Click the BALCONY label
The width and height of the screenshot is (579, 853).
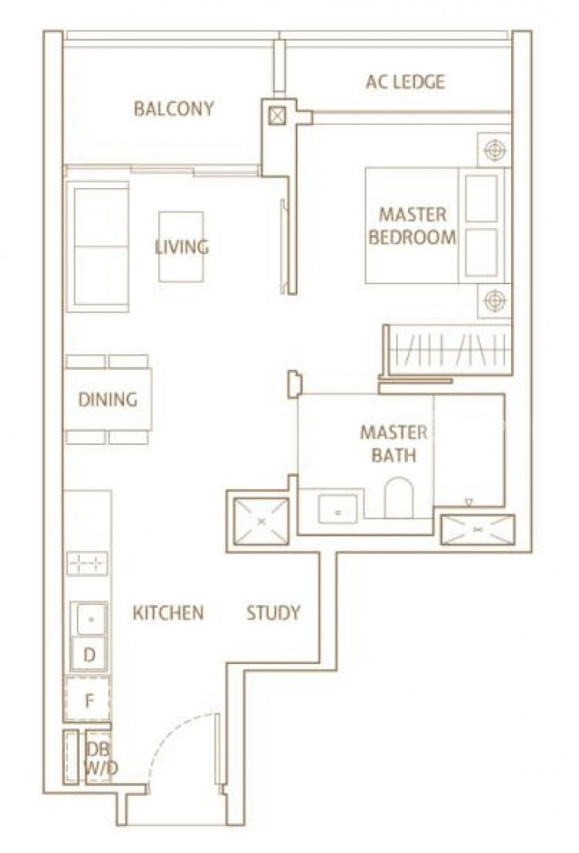[x=174, y=109]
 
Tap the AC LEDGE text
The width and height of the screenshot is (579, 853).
[x=405, y=81]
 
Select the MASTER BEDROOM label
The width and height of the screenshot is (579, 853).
[x=412, y=226]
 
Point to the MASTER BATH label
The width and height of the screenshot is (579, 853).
[x=394, y=443]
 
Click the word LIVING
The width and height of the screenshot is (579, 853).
[x=182, y=247]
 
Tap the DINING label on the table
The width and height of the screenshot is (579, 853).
[x=108, y=399]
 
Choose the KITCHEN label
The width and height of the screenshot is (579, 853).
[x=168, y=612]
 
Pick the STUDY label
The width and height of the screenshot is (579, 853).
[x=273, y=612]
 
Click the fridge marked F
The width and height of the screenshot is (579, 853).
[x=88, y=699]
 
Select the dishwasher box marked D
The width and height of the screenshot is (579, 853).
[x=90, y=654]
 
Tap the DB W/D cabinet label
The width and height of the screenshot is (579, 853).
[x=99, y=758]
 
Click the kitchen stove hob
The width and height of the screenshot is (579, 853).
[x=87, y=563]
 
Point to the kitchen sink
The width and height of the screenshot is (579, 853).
[x=90, y=619]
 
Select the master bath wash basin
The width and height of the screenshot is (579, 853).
[x=337, y=509]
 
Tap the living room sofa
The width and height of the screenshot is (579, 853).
[x=97, y=246]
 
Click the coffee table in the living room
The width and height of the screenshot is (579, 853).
[x=181, y=246]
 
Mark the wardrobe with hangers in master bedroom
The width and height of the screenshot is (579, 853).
[x=447, y=350]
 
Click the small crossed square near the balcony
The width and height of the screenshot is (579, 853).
[x=277, y=115]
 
